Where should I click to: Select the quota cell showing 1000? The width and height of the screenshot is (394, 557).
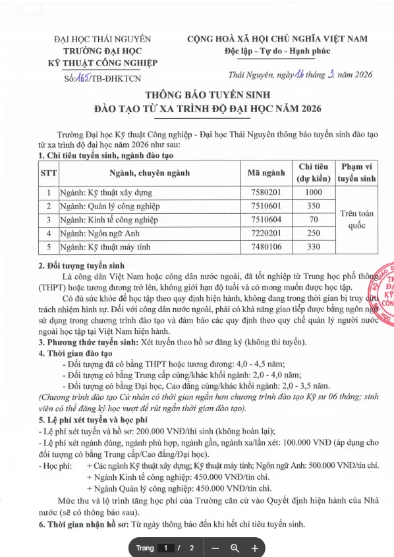click(x=314, y=193)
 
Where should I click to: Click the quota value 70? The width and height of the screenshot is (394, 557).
click(x=314, y=220)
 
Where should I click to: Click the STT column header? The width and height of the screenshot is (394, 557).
click(x=48, y=174)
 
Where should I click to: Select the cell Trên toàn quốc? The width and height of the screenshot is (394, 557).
click(x=356, y=220)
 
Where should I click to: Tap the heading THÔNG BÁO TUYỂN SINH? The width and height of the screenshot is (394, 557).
click(x=198, y=94)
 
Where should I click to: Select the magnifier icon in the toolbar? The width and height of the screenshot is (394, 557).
click(x=235, y=548)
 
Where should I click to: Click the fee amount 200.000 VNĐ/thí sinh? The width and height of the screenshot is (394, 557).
click(x=156, y=429)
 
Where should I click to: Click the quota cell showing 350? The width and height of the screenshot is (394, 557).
click(x=314, y=207)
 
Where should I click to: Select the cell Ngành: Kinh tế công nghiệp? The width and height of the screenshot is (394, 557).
click(x=105, y=220)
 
